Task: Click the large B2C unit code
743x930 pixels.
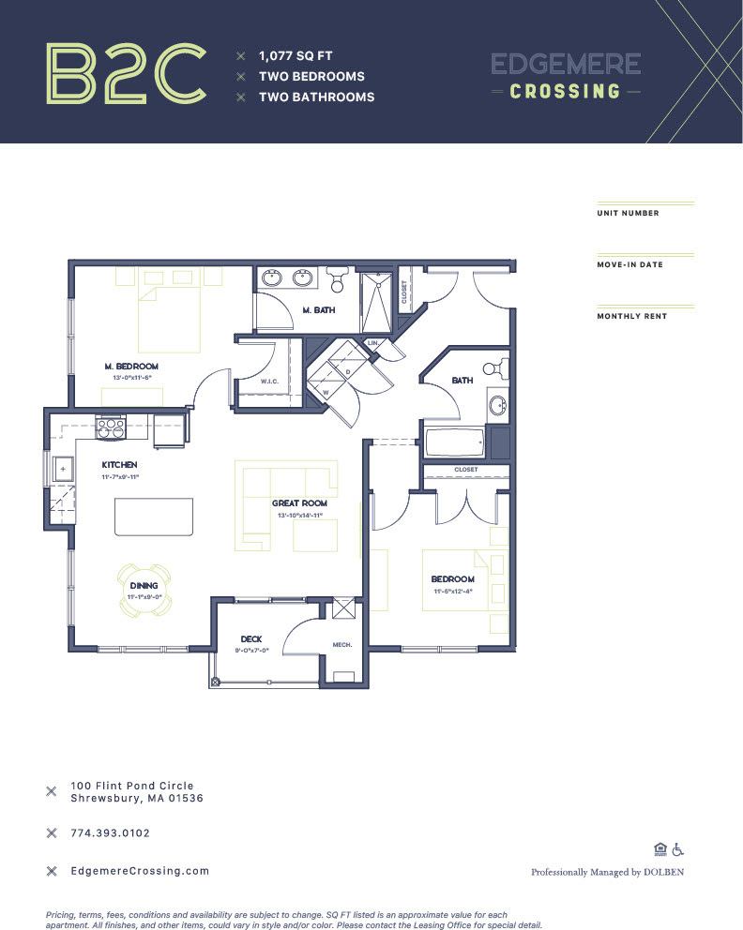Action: pyautogui.click(x=126, y=73)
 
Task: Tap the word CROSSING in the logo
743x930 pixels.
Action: pyautogui.click(x=565, y=92)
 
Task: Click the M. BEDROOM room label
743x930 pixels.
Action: pyautogui.click(x=130, y=366)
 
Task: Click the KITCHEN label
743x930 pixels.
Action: pyautogui.click(x=120, y=465)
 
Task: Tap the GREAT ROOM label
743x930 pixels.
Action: pyautogui.click(x=299, y=503)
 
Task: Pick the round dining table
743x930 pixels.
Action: pyautogui.click(x=144, y=588)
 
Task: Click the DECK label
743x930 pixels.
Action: pyautogui.click(x=250, y=639)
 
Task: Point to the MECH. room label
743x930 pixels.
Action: pyautogui.click(x=341, y=645)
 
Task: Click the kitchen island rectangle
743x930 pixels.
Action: pyautogui.click(x=153, y=517)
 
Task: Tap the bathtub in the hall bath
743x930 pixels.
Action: pyautogui.click(x=454, y=441)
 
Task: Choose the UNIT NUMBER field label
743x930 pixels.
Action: pyautogui.click(x=628, y=213)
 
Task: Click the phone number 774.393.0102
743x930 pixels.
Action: pyautogui.click(x=110, y=832)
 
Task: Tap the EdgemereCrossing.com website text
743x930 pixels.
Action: pyautogui.click(x=140, y=871)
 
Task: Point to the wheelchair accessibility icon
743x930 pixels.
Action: pyautogui.click(x=678, y=849)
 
